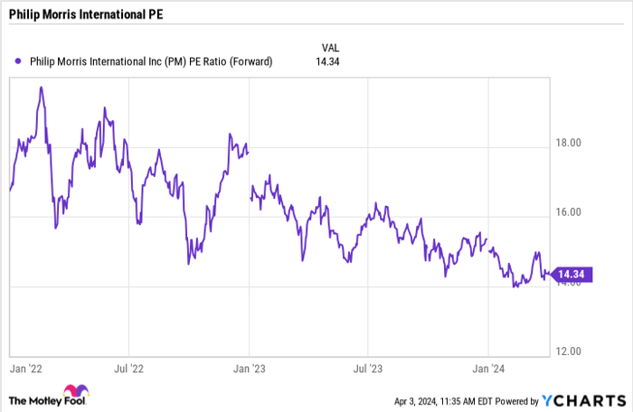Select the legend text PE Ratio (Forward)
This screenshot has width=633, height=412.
point(230,61)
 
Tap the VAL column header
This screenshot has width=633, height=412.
point(332,46)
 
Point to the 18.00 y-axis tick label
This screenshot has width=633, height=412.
point(569,143)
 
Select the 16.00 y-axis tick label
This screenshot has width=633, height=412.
point(569,212)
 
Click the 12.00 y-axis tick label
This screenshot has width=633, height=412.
point(569,351)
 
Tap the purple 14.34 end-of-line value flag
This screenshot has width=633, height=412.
point(571,275)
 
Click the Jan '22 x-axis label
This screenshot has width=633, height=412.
point(27,369)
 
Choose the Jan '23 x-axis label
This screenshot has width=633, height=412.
point(249,369)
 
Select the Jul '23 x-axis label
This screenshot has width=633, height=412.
point(367,369)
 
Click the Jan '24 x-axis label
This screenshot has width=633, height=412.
point(489,369)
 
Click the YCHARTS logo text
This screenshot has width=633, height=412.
point(588,399)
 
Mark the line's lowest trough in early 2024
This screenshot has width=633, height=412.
point(515,286)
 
